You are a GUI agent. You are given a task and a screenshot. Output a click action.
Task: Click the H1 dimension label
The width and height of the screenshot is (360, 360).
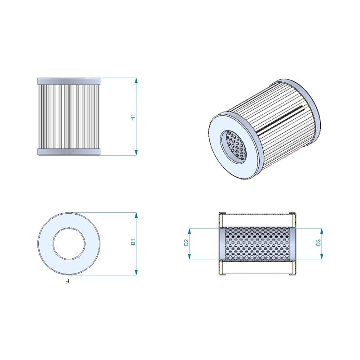click(x=133, y=117)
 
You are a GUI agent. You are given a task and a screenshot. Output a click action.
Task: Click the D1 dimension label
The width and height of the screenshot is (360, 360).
click(x=133, y=242)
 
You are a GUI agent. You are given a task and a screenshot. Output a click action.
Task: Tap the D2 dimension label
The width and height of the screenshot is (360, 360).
click(x=186, y=242)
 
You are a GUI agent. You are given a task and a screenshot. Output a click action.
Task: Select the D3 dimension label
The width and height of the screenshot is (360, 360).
click(x=318, y=243)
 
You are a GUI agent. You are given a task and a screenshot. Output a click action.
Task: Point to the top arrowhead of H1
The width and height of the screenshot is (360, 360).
click(x=136, y=81)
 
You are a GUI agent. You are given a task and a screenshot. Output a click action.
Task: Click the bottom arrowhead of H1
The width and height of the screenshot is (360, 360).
click(x=136, y=153)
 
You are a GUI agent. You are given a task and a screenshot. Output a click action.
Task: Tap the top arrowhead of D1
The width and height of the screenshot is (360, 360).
click(x=136, y=216)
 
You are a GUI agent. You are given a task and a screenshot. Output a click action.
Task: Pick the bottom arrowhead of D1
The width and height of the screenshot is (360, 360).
click(x=136, y=272)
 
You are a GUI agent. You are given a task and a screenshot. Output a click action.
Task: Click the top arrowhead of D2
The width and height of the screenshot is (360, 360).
click(x=189, y=231)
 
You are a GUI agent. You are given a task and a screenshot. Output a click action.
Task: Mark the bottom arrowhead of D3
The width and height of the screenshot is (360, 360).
click(x=321, y=256)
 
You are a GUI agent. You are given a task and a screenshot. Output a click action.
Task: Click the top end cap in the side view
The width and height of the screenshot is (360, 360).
click(x=69, y=81)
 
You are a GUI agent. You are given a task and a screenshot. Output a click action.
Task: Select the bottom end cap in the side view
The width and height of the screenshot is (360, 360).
click(x=69, y=152)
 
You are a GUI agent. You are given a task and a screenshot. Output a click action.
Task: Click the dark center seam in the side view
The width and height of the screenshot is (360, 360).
click(x=69, y=117)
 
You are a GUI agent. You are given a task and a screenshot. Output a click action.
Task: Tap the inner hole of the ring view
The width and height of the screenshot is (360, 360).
click(x=69, y=244)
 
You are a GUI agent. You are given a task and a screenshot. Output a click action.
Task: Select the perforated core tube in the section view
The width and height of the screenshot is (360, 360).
click(x=257, y=244)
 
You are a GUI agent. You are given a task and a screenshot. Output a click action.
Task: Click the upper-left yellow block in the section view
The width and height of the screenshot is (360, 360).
click(x=221, y=220)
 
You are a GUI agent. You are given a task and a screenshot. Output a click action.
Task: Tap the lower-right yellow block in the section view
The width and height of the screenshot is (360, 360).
click(x=294, y=268)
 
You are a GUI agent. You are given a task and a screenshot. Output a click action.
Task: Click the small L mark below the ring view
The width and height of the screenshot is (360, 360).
click(x=67, y=280)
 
